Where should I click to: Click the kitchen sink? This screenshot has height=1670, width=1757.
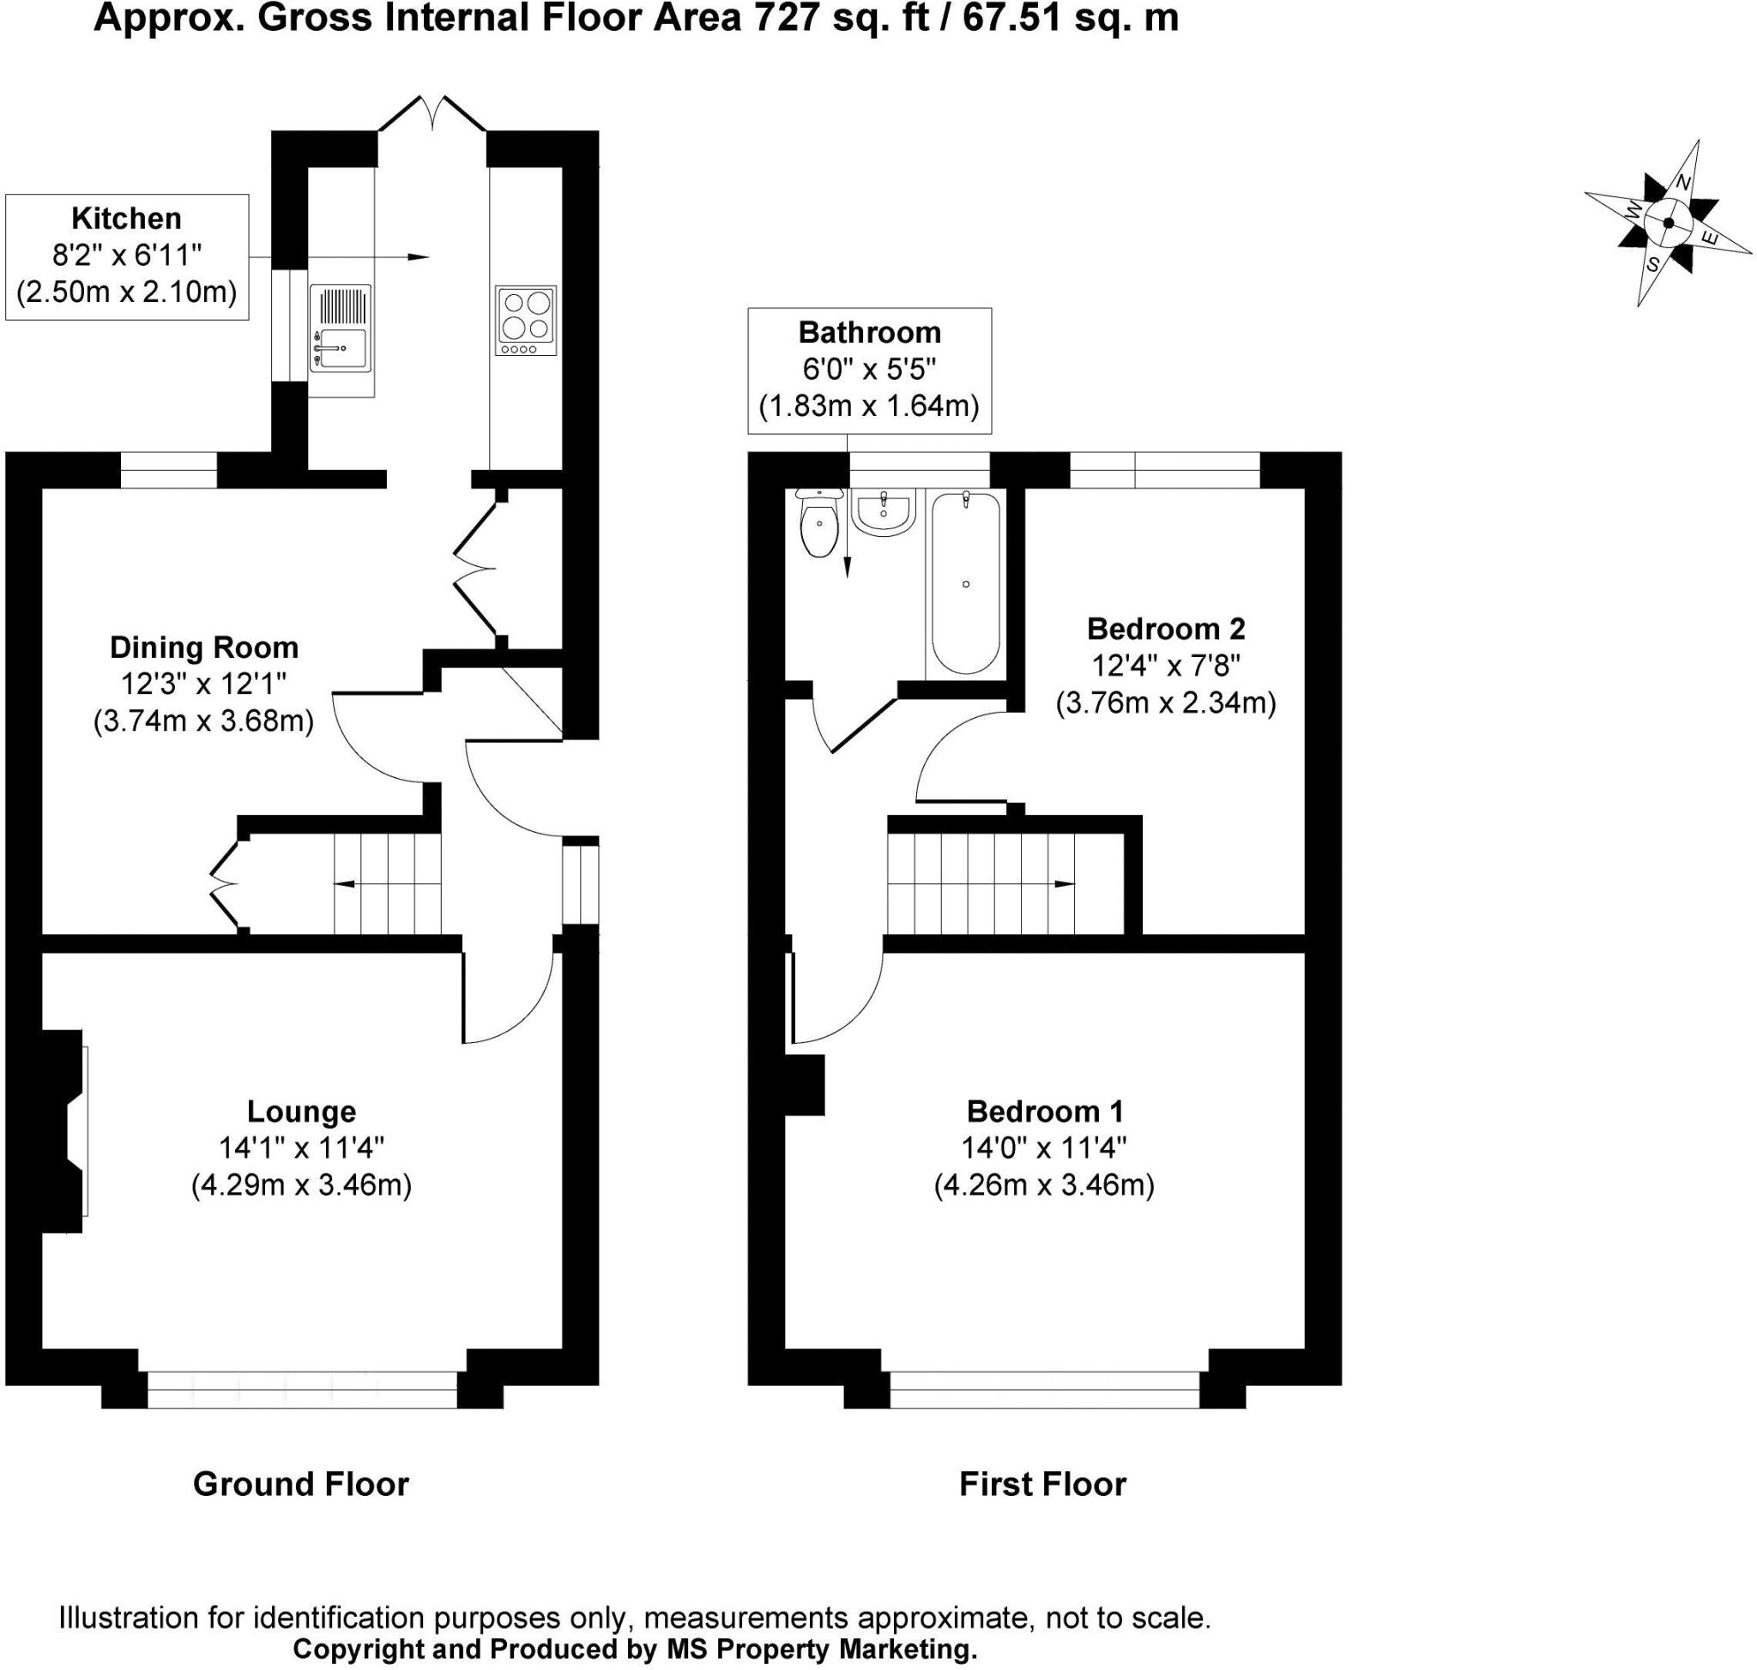[339, 328]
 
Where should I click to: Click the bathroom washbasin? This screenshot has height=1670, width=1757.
[884, 512]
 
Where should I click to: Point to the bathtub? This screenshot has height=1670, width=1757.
[965, 584]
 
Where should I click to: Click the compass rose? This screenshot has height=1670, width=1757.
[1669, 223]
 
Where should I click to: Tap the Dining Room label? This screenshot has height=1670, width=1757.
[204, 648]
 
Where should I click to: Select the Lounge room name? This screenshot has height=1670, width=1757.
[301, 1111]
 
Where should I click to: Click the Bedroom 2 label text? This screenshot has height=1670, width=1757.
[1166, 629]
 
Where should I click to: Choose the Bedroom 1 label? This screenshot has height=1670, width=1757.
[1045, 1111]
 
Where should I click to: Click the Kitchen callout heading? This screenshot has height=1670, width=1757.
[126, 218]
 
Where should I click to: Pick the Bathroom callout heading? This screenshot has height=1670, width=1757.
[869, 332]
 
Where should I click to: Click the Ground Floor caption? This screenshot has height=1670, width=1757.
[301, 1484]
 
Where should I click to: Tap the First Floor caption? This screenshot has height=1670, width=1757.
[1043, 1484]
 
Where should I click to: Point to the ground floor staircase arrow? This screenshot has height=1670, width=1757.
[388, 884]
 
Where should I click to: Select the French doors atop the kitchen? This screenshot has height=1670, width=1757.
[432, 114]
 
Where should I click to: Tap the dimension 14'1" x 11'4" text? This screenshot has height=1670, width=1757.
[302, 1148]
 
